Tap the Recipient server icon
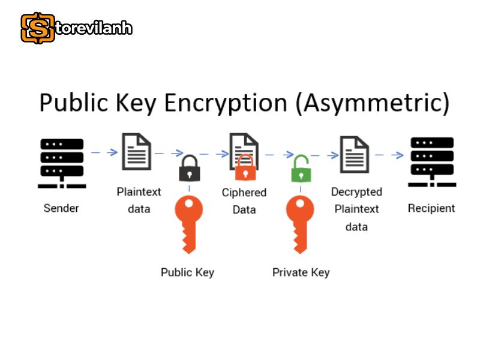(x=432, y=162)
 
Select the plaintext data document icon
(x=137, y=152)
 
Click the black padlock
(x=190, y=168)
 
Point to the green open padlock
(x=301, y=169)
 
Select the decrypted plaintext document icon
(x=355, y=155)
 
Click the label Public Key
(x=187, y=272)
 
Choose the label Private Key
(x=301, y=272)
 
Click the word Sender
(x=61, y=208)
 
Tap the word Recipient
(x=431, y=208)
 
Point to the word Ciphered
(x=244, y=193)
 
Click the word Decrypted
(x=356, y=192)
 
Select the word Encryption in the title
(x=226, y=103)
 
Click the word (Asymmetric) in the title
(x=372, y=103)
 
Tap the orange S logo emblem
(x=38, y=28)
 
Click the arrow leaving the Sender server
(x=104, y=152)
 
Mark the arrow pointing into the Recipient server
(x=389, y=155)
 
